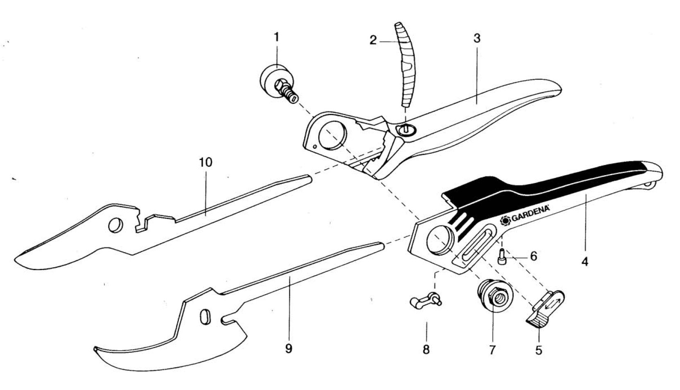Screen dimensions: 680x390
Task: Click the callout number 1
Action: [x=276, y=37]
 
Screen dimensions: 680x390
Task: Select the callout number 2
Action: [x=373, y=40]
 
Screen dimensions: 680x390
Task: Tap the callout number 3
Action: [x=477, y=38]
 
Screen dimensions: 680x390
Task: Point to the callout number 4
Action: [x=585, y=261]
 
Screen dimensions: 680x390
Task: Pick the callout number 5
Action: [x=538, y=350]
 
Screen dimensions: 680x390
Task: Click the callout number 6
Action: [x=533, y=256]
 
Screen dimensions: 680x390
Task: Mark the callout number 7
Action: [x=492, y=350]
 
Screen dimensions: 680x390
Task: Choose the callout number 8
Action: [x=426, y=350]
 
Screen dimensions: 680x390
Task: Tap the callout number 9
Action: [x=288, y=349]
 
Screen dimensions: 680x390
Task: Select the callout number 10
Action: [x=206, y=162]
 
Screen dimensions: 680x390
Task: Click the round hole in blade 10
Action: [x=115, y=225]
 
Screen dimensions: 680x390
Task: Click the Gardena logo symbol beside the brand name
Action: [x=506, y=221]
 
